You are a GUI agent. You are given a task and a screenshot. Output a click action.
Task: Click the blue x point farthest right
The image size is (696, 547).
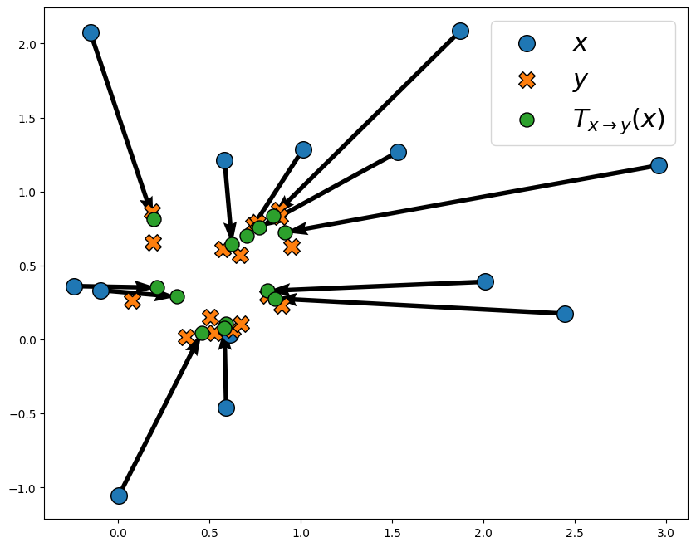tap(659, 165)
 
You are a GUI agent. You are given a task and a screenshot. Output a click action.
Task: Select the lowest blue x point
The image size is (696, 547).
tap(119, 496)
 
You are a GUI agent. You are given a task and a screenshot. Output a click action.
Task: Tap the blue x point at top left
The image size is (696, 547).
tap(91, 32)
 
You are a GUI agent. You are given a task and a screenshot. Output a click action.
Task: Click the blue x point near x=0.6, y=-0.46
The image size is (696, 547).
tap(226, 408)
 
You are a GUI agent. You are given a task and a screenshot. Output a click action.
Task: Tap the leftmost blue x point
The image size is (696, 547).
tap(74, 286)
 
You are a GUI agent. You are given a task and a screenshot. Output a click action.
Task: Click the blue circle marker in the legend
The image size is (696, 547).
tap(527, 44)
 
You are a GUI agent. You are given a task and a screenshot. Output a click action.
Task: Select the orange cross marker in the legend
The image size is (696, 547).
tap(527, 81)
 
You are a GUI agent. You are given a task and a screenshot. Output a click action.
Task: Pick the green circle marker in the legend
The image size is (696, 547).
tap(527, 120)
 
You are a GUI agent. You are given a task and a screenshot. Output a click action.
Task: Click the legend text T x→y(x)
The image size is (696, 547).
tap(618, 120)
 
